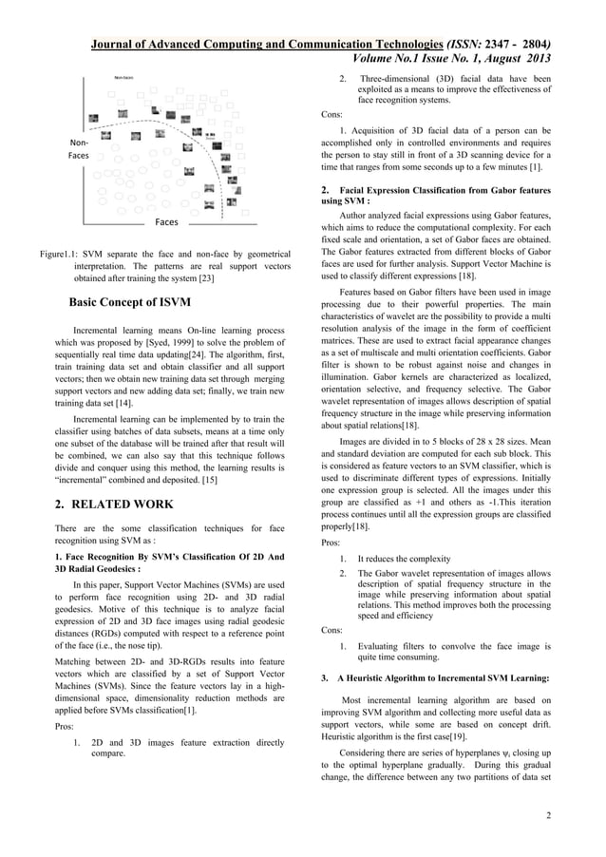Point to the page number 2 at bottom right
click(x=550, y=814)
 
